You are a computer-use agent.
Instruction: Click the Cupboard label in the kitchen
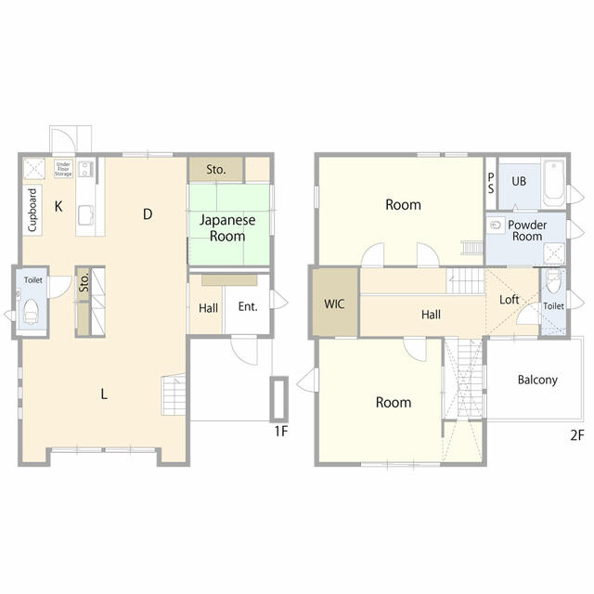pos(32,210)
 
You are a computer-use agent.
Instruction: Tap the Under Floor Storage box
pos(63,169)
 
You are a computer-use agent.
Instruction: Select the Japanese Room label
pos(227,228)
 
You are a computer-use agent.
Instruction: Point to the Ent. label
pos(248,306)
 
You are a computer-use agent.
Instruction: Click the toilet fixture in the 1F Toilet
pos(31,312)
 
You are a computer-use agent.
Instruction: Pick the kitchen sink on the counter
pos(86,215)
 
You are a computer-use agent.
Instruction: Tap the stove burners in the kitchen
pos(85,169)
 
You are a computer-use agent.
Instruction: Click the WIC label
pos(334,303)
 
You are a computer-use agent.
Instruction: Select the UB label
pos(519,181)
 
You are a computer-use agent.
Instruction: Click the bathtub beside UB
pos(554,183)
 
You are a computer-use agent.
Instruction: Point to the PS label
pos(491,183)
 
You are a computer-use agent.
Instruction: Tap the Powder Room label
pos(527,230)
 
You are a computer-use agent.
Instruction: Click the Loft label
pos(509,300)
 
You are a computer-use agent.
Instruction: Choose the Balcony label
pos(537,380)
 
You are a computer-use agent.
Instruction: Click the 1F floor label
pos(281,431)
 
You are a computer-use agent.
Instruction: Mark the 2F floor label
pos(577,435)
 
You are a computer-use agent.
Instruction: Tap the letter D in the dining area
pos(148,214)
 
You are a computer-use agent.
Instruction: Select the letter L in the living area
pos(104,394)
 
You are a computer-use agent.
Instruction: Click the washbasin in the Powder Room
pos(496,226)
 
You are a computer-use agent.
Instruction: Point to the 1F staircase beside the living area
pos(174,394)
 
